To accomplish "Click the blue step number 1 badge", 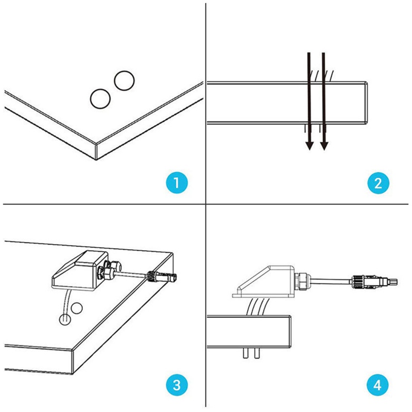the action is pos(177,183).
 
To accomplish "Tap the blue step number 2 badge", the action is pos(379,183).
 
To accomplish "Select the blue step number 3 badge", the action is pos(177,384).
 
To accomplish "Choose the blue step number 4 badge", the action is pos(379,384).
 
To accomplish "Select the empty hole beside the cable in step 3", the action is pos(77,308).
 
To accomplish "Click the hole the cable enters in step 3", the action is pos(64,318).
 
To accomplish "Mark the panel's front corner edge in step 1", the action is pos(98,151).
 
